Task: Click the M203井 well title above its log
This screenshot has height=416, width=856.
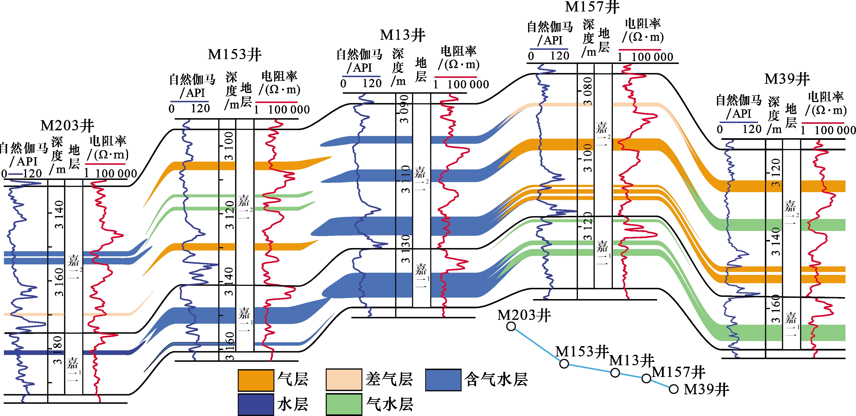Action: tap(67, 126)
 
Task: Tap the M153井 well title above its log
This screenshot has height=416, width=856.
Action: tap(235, 54)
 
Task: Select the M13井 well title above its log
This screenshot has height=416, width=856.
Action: tap(402, 35)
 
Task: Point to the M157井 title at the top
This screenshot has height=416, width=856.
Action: tap(592, 7)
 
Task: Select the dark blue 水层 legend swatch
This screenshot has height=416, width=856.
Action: tap(256, 404)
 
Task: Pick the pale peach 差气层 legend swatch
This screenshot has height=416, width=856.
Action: tap(344, 379)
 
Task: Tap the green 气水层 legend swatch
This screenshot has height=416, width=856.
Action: tap(344, 404)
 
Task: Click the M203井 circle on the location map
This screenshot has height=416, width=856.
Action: tap(511, 326)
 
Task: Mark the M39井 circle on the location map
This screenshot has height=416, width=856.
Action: tap(673, 389)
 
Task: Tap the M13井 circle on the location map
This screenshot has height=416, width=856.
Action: tap(615, 373)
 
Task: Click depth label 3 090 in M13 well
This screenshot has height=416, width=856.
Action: tap(404, 109)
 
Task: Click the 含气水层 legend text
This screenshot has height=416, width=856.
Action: tap(496, 379)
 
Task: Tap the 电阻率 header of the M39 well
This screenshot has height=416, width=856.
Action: tap(825, 97)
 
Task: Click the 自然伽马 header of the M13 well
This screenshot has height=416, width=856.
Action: tap(359, 54)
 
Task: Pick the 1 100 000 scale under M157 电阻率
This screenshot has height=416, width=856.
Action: tap(645, 57)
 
